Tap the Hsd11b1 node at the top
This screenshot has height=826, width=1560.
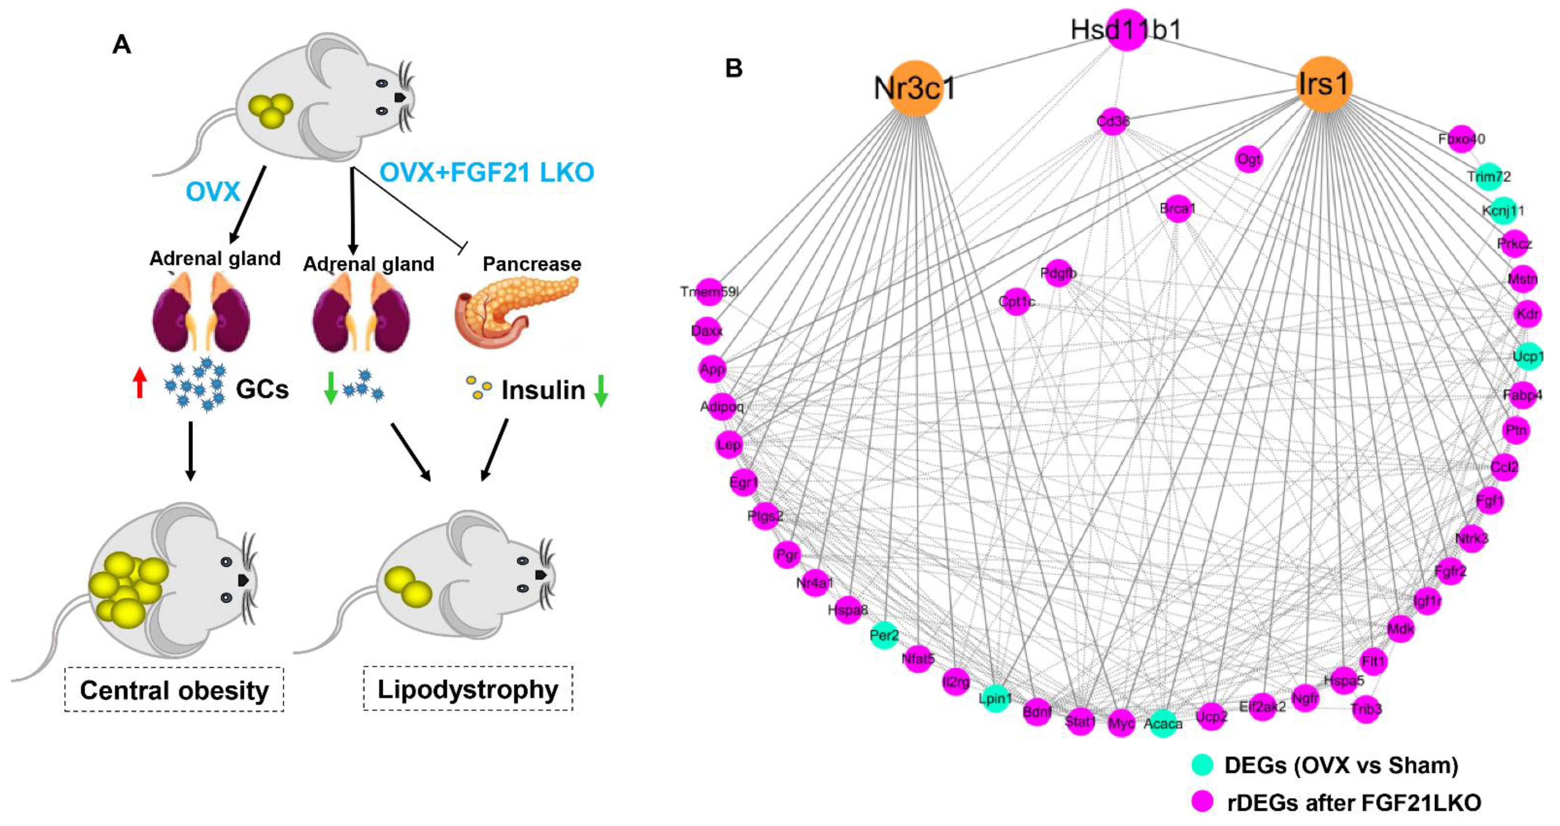point(1126,29)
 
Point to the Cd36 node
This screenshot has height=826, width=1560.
point(1113,122)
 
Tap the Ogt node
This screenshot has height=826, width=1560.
point(1249,159)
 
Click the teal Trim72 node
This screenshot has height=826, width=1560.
point(1489,176)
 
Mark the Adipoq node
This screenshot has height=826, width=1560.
point(722,406)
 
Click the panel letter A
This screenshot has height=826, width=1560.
point(122,45)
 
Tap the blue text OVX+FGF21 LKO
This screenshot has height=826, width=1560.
point(486,173)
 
